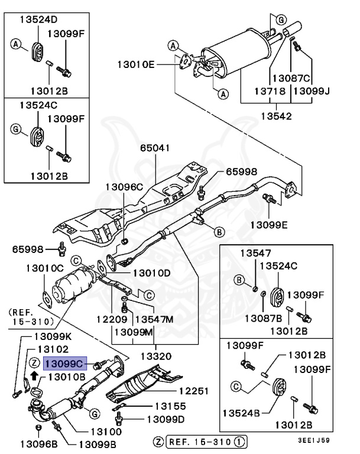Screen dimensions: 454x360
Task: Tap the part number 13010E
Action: (x=135, y=63)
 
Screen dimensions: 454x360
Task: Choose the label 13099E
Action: (x=268, y=225)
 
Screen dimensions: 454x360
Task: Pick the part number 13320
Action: (x=156, y=356)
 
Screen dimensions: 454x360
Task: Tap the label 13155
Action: (x=170, y=406)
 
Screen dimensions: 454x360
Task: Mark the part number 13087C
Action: (x=290, y=78)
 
